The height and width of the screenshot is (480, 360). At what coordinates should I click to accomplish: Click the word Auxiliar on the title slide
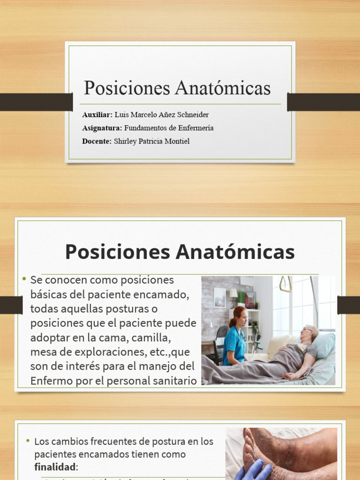coord(97,115)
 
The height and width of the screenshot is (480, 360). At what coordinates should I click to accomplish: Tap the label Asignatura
coord(102,128)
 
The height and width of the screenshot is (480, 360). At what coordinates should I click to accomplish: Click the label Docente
coord(97,141)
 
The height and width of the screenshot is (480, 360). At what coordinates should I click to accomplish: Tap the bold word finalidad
coord(54,467)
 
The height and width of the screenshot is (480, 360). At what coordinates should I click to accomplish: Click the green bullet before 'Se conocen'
coord(24,279)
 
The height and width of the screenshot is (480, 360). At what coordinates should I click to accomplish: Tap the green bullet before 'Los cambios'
coord(28,441)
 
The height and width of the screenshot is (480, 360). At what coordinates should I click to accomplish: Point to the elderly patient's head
coord(309,334)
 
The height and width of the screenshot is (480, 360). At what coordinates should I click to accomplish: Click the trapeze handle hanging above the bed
coord(285,284)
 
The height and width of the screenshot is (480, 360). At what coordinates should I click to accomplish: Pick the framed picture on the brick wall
coord(219,297)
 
